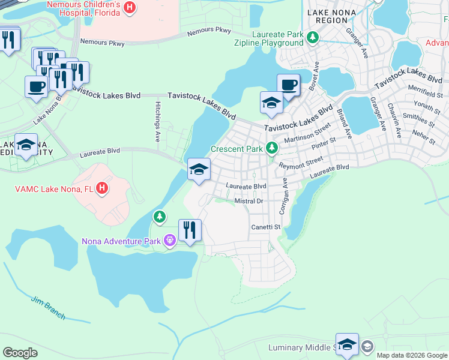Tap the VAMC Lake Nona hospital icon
coord(103,188)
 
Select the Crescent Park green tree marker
coord(272,148)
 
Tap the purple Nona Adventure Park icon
coord(170,241)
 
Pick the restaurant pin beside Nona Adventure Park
coord(190,230)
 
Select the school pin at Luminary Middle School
coord(347,345)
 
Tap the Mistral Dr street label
coord(249,201)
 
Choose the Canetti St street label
coord(266,227)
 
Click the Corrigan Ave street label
coord(281,196)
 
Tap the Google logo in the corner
coord(20,352)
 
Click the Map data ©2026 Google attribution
coord(411,355)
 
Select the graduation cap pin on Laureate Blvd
coord(199,170)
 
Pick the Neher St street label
coord(424,136)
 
